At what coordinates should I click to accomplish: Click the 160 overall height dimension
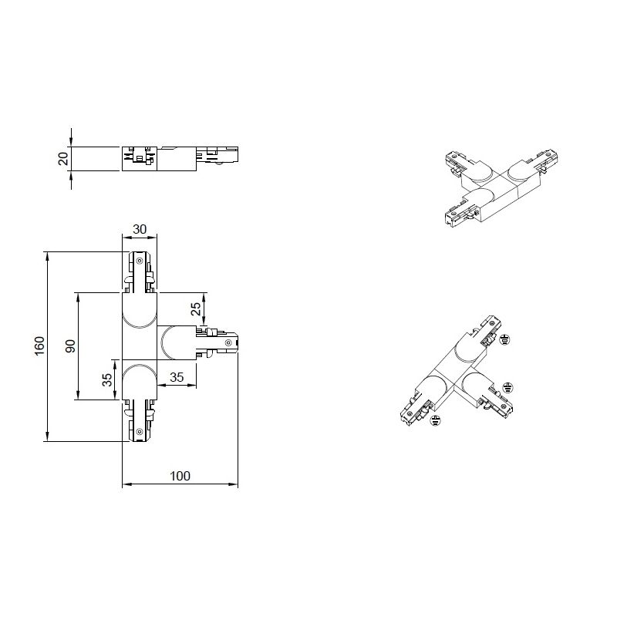[x=40, y=346]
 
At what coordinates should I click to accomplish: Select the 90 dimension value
[x=70, y=346]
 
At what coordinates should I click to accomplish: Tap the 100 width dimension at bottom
[x=180, y=476]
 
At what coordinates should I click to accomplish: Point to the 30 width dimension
[x=140, y=229]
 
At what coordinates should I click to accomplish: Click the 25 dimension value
[x=196, y=308]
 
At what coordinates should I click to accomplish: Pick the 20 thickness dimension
[x=63, y=159]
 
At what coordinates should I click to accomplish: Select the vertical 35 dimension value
[x=107, y=379]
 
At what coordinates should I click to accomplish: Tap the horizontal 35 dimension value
[x=177, y=377]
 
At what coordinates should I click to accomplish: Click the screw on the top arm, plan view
[x=139, y=260]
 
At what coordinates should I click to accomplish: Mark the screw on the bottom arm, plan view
[x=139, y=432]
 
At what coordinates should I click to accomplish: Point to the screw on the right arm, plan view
[x=228, y=343]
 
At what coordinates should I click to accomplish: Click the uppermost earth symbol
[x=505, y=339]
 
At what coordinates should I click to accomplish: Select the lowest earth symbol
[x=435, y=421]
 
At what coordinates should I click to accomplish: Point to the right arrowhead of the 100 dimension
[x=234, y=484]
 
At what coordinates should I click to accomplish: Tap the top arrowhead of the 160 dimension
[x=47, y=257]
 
